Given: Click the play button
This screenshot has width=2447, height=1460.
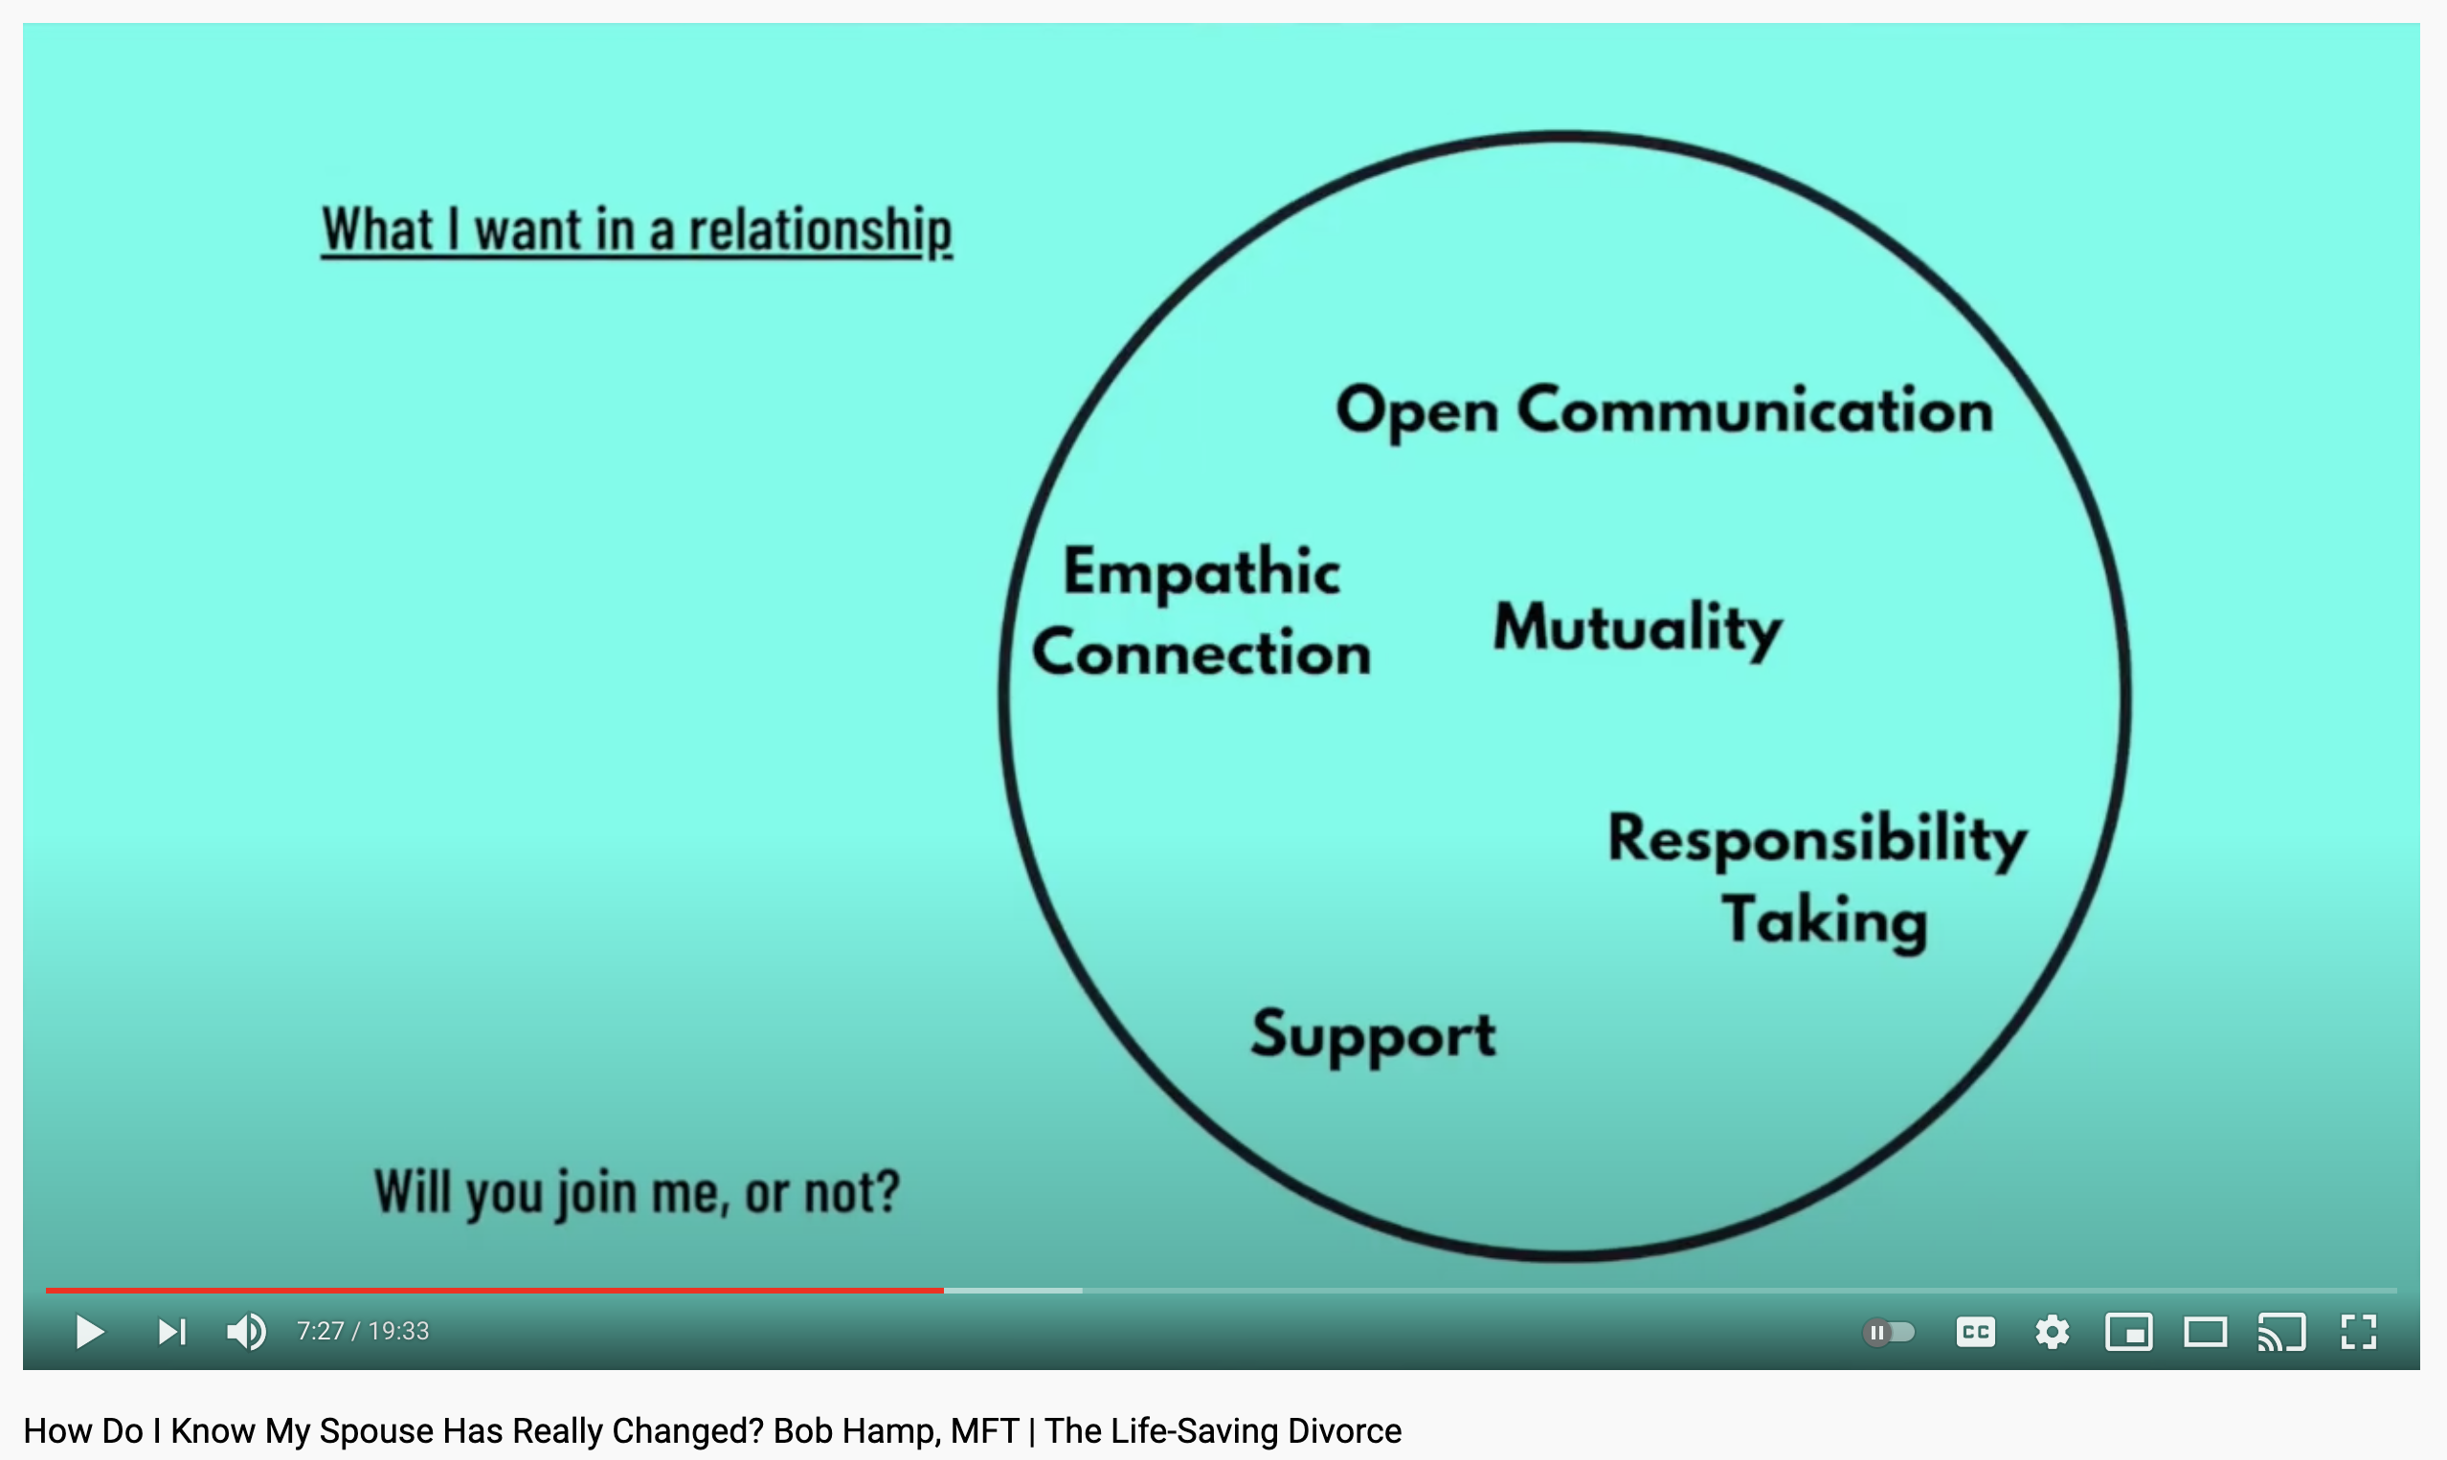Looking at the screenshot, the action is point(90,1332).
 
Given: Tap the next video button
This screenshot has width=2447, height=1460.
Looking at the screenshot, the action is point(172,1332).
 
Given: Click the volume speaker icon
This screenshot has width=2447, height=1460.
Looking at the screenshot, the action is point(246,1332).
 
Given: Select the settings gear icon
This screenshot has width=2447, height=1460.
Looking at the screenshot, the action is point(2053,1332).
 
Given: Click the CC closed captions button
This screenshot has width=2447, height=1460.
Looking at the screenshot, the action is point(1976,1332).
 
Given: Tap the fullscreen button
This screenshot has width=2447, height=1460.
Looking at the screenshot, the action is point(2358,1332).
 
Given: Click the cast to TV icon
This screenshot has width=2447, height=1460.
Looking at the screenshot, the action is point(2281,1332).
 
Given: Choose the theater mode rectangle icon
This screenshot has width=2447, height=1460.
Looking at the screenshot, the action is point(2206,1332).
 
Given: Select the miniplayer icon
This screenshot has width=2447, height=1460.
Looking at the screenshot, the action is point(2129,1332).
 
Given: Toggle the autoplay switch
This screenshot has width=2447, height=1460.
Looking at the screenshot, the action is point(1889,1332).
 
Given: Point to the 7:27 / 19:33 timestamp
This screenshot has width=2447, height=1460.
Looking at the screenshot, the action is point(363,1331).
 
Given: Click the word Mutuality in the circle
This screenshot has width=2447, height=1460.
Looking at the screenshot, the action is point(1638,630).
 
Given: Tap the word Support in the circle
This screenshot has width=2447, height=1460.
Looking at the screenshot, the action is point(1373,1036).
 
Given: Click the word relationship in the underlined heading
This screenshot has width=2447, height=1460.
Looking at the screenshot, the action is point(819,232).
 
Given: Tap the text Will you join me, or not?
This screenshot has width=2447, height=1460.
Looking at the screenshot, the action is point(637,1193).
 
